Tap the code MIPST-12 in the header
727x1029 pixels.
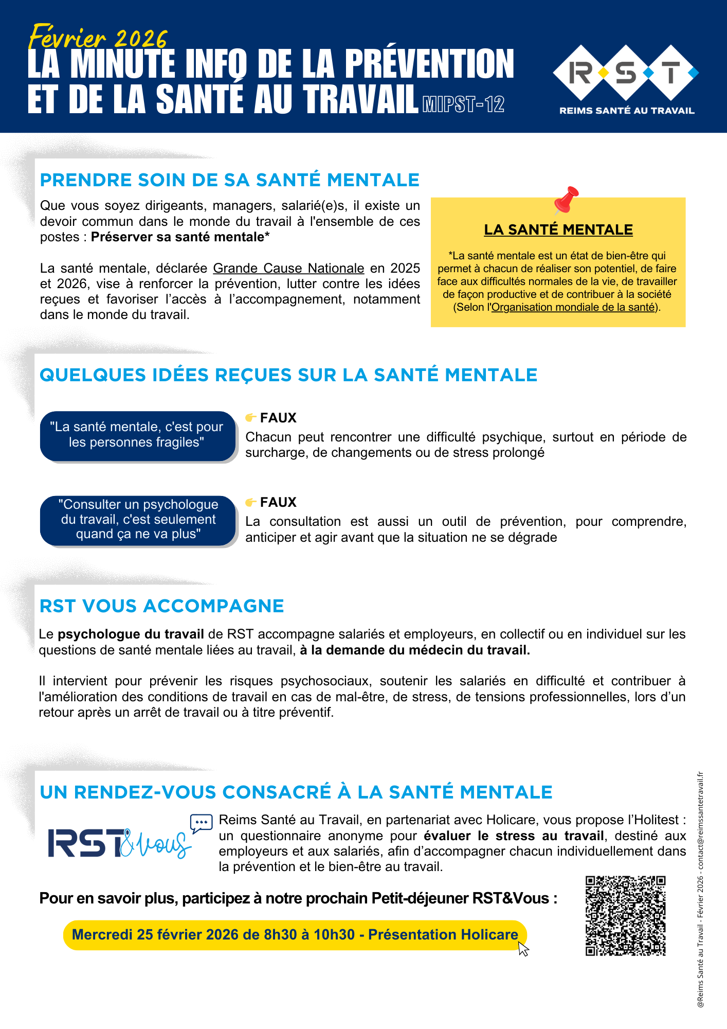click(x=463, y=104)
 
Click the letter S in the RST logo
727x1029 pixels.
click(x=626, y=73)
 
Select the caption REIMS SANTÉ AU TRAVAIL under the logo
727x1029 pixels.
click(x=627, y=111)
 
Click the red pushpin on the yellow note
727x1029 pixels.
click(x=566, y=200)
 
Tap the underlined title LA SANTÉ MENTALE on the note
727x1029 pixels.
click(x=558, y=229)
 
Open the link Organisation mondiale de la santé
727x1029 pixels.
click(x=573, y=307)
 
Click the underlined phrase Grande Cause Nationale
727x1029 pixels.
click(x=288, y=268)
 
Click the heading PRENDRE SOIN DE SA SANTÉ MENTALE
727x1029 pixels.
click(x=230, y=180)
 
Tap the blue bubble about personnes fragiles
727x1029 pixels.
click(x=137, y=435)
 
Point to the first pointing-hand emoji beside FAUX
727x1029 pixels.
click(x=250, y=417)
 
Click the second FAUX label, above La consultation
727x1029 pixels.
click(x=278, y=502)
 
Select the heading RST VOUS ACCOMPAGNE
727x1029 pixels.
click(x=161, y=606)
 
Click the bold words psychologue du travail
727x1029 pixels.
click(x=131, y=634)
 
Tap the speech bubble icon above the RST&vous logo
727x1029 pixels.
click(x=201, y=823)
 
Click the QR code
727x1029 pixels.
click(x=625, y=916)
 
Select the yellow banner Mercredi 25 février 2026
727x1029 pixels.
click(x=295, y=935)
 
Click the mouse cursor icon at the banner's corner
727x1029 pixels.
click(x=523, y=948)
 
